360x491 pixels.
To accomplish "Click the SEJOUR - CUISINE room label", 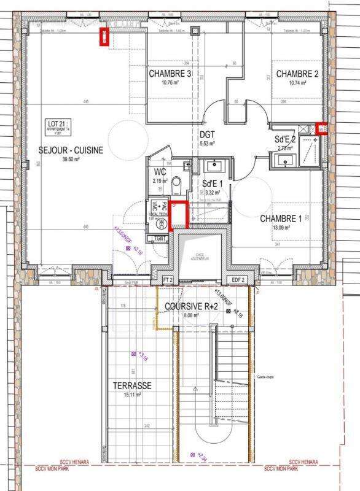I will [71, 150].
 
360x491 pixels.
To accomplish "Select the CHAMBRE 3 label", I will [170, 74].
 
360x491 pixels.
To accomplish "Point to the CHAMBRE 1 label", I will [280, 218].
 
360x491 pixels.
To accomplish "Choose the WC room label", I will [159, 172].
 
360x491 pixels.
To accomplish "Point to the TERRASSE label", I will [133, 385].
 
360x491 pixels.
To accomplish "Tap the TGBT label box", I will [159, 238].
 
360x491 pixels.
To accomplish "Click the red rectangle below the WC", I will [178, 215].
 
